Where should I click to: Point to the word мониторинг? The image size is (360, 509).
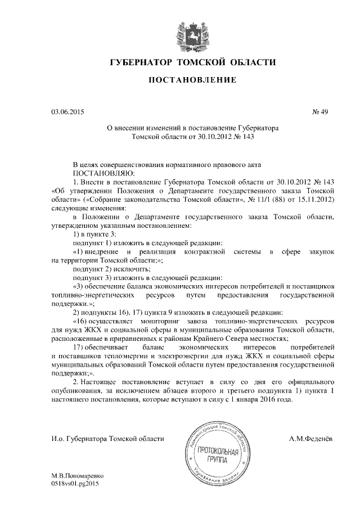pyautogui.click(x=175, y=321)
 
